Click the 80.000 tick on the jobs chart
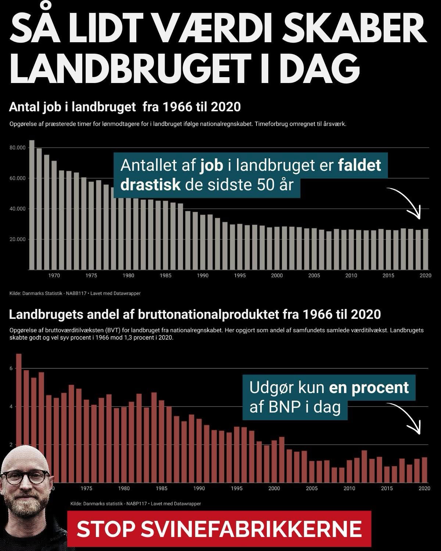pyautogui.click(x=18, y=148)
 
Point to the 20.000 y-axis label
pyautogui.click(x=18, y=240)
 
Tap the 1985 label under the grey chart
pyautogui.click(x=165, y=275)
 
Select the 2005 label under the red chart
pyautogui.click(x=312, y=488)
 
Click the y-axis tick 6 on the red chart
pyautogui.click(x=11, y=368)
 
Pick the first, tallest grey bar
pyautogui.click(x=32, y=204)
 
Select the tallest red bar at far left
pyautogui.click(x=19, y=404)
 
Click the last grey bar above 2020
pyautogui.click(x=426, y=249)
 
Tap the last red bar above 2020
pyautogui.click(x=424, y=470)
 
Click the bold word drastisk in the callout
pyautogui.click(x=150, y=185)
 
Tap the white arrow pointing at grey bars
pyautogui.click(x=408, y=202)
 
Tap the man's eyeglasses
pyautogui.click(x=25, y=478)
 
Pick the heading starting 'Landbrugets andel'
pyautogui.click(x=194, y=314)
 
